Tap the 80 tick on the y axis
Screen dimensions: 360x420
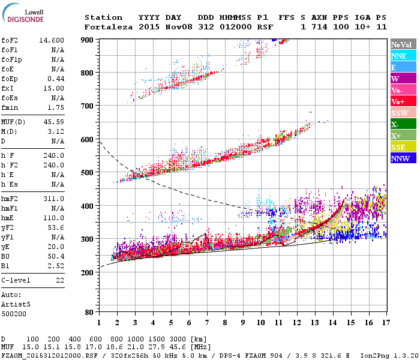coord(89,313)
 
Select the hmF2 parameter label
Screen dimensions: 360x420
coord(10,199)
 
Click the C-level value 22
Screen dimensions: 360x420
coord(59,280)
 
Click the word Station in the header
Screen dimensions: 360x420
coord(103,17)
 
